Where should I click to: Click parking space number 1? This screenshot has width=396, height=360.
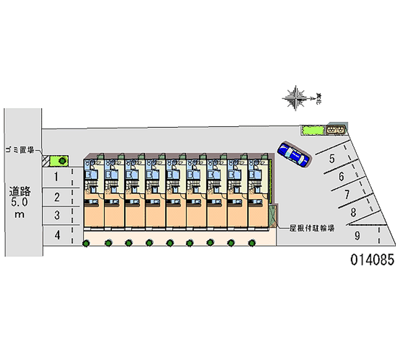point(57,177)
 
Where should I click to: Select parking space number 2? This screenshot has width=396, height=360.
point(57,197)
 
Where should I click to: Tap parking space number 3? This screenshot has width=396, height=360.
point(57,215)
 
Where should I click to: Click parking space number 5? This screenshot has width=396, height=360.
point(332,159)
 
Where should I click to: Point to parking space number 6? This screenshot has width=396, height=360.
point(341,176)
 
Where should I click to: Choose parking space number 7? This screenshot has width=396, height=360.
point(347,194)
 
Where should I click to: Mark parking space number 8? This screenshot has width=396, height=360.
point(353,213)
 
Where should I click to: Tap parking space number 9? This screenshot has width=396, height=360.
point(357,236)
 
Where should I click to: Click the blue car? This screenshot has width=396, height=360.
point(294,154)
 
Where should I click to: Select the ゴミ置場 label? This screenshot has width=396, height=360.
point(20,150)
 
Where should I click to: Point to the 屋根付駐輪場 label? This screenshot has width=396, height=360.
point(311,228)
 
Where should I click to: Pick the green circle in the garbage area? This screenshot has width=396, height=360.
point(62,160)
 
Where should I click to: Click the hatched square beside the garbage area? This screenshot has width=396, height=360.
point(46,160)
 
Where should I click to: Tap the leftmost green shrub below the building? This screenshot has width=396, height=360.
point(86,243)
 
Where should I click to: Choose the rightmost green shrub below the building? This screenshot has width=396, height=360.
point(252,243)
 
